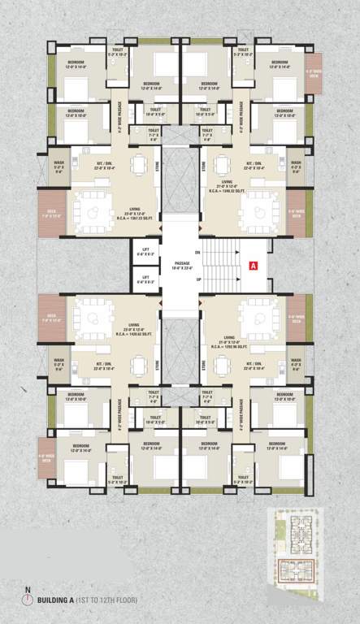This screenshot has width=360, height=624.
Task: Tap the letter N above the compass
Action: click(28, 588)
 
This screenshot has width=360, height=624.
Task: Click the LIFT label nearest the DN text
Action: click(146, 252)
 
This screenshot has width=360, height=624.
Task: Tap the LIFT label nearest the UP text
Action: click(146, 279)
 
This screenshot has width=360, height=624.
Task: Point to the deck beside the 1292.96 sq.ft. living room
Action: click(297, 318)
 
